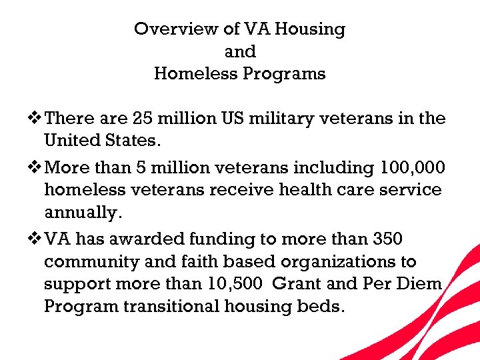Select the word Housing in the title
coord(313,29)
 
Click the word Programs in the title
coord(285,73)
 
